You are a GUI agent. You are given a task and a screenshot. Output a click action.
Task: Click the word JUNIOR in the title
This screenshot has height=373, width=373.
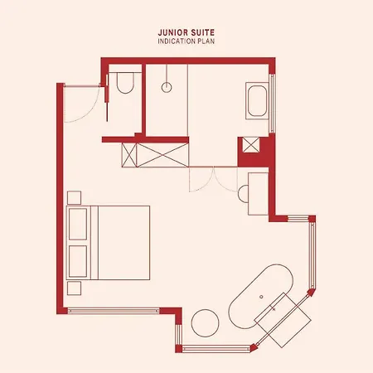click(x=170, y=32)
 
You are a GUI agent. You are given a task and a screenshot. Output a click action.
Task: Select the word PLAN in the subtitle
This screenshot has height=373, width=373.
click(x=206, y=41)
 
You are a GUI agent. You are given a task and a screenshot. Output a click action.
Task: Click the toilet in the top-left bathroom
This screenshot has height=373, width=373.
click(x=125, y=83)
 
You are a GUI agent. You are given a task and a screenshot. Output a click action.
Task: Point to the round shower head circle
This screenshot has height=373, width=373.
click(x=167, y=87)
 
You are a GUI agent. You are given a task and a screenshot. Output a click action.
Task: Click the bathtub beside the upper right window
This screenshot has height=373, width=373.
click(x=257, y=100)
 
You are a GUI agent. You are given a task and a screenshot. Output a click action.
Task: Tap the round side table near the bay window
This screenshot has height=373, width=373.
click(x=205, y=323)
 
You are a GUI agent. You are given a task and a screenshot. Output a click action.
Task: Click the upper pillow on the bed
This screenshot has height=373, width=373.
click(x=78, y=224)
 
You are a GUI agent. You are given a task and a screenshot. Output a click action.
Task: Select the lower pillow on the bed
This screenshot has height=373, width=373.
click(x=78, y=261)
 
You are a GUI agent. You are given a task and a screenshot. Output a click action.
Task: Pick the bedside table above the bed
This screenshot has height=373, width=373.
click(x=74, y=197)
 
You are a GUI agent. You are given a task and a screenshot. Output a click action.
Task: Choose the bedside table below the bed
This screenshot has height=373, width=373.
click(x=74, y=288)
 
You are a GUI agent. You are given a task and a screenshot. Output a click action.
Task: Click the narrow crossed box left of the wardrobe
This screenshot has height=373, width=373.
click(x=129, y=155)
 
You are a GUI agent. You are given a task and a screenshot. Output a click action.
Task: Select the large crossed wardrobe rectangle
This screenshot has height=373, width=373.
click(x=162, y=155)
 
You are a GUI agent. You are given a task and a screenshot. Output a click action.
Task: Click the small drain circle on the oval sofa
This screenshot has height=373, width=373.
click(x=261, y=297)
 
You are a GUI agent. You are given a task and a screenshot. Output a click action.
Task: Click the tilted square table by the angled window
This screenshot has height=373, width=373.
click(x=283, y=320)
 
